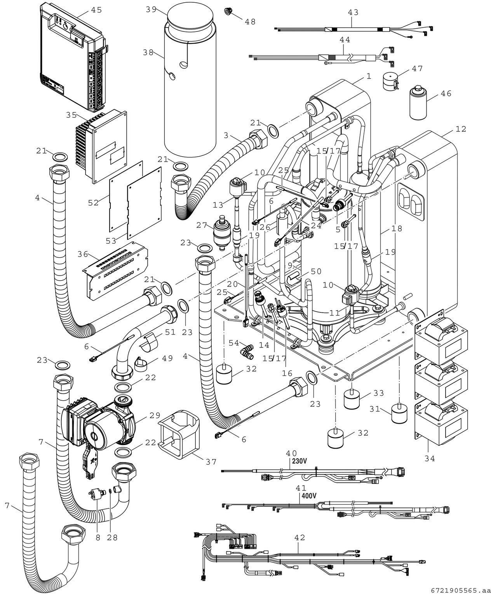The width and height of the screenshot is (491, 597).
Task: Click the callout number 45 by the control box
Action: (96, 10)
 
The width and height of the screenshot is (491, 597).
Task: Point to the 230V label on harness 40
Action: (299, 461)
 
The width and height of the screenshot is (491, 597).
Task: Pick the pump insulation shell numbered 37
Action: (178, 435)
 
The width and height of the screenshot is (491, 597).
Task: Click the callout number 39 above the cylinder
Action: (151, 9)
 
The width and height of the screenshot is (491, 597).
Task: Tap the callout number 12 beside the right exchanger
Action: (461, 129)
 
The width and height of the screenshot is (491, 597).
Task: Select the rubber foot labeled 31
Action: (399, 414)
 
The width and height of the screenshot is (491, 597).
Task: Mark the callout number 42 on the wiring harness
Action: (299, 538)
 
